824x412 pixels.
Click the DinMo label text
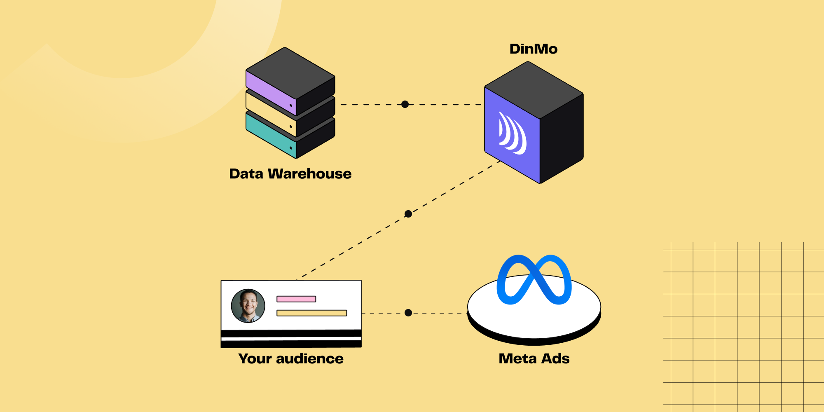point(533,49)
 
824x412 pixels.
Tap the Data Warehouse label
point(290,174)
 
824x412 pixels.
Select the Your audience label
point(290,359)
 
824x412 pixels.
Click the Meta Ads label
point(534,359)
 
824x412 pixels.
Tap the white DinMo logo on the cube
point(512,134)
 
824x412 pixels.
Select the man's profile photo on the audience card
point(248,306)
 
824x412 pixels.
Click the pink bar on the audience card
point(296,299)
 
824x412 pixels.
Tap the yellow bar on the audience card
point(311,313)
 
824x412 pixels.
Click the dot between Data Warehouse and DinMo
point(405,104)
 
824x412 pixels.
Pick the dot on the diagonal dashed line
point(408,214)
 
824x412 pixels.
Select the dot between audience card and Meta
point(408,313)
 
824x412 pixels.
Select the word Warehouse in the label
point(310,174)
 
